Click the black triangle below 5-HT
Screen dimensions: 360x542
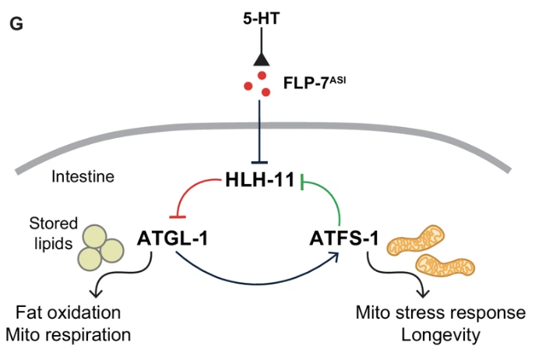pyautogui.click(x=261, y=58)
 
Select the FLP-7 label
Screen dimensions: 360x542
pyautogui.click(x=308, y=83)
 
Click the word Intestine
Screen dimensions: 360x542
pyautogui.click(x=83, y=177)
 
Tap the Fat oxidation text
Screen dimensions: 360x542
pyautogui.click(x=69, y=314)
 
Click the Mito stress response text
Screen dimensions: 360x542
pyautogui.click(x=440, y=314)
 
